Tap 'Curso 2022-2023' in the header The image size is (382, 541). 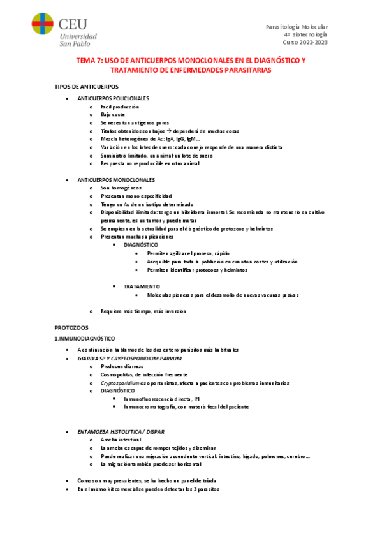(x=305, y=42)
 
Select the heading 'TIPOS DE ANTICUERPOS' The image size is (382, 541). (x=86, y=86)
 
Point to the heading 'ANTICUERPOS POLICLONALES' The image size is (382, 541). (x=113, y=98)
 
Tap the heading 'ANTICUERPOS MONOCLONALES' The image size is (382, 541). (x=116, y=180)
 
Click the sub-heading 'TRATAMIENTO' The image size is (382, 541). (x=142, y=286)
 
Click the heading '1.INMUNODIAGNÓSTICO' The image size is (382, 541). (x=85, y=338)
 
